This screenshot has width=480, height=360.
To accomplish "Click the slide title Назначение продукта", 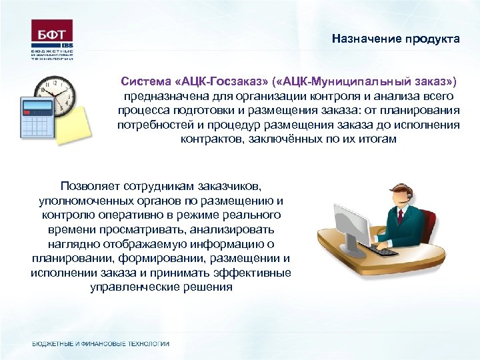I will click(396, 39).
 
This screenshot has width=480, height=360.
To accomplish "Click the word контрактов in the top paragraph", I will click(208, 139).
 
